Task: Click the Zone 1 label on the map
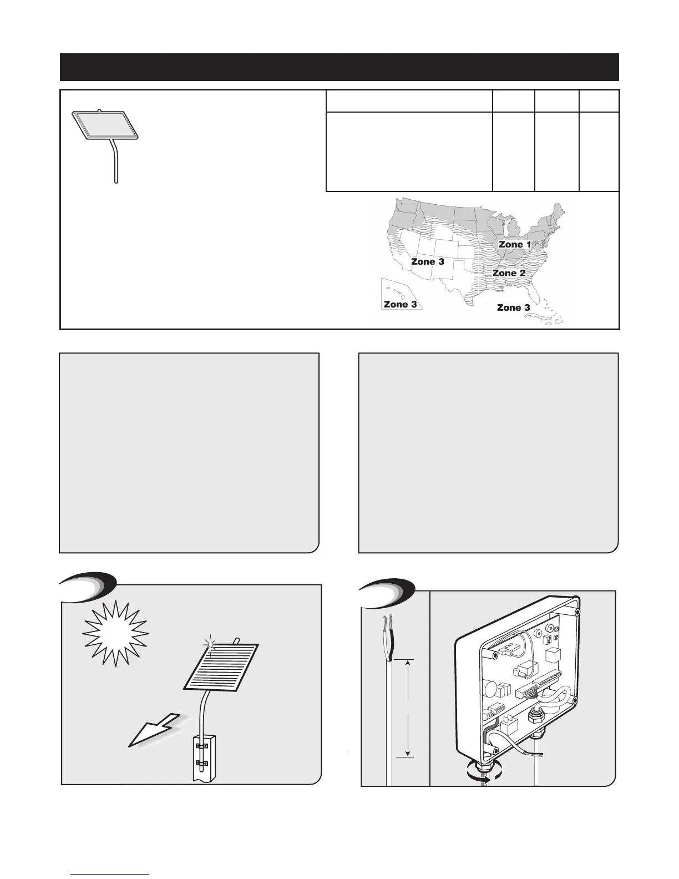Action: (515, 244)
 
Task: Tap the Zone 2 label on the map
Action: (509, 273)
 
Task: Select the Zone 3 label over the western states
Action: (427, 261)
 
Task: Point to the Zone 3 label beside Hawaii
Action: (400, 304)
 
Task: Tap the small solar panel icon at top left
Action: (107, 124)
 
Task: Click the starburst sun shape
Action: (115, 633)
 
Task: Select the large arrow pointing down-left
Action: (151, 728)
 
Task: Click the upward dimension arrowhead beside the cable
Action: (408, 663)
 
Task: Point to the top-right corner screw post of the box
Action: (577, 613)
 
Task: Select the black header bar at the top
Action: (339, 67)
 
